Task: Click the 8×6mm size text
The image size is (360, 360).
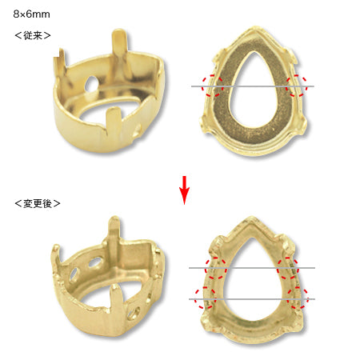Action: click(x=31, y=14)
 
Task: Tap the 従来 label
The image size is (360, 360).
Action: click(x=33, y=35)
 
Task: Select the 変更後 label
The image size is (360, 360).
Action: click(x=38, y=204)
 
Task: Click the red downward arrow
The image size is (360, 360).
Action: click(x=184, y=190)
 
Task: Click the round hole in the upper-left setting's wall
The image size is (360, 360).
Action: click(x=91, y=83)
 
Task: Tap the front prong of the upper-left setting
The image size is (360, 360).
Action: click(x=114, y=121)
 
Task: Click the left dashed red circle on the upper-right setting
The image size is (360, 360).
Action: click(x=213, y=86)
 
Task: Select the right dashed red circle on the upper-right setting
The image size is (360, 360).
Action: click(x=297, y=86)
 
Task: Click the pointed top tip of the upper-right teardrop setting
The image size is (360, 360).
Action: click(x=256, y=27)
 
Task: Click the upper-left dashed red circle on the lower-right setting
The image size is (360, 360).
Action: click(x=216, y=268)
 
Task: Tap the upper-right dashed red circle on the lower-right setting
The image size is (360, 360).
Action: click(x=288, y=268)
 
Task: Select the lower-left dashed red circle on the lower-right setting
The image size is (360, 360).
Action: click(x=205, y=298)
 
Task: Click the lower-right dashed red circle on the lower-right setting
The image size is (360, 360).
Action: click(x=298, y=298)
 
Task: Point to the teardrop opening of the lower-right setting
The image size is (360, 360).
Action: click(x=252, y=280)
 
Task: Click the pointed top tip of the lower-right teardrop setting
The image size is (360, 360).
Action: click(x=251, y=218)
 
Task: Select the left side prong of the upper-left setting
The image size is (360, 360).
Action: click(x=60, y=62)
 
